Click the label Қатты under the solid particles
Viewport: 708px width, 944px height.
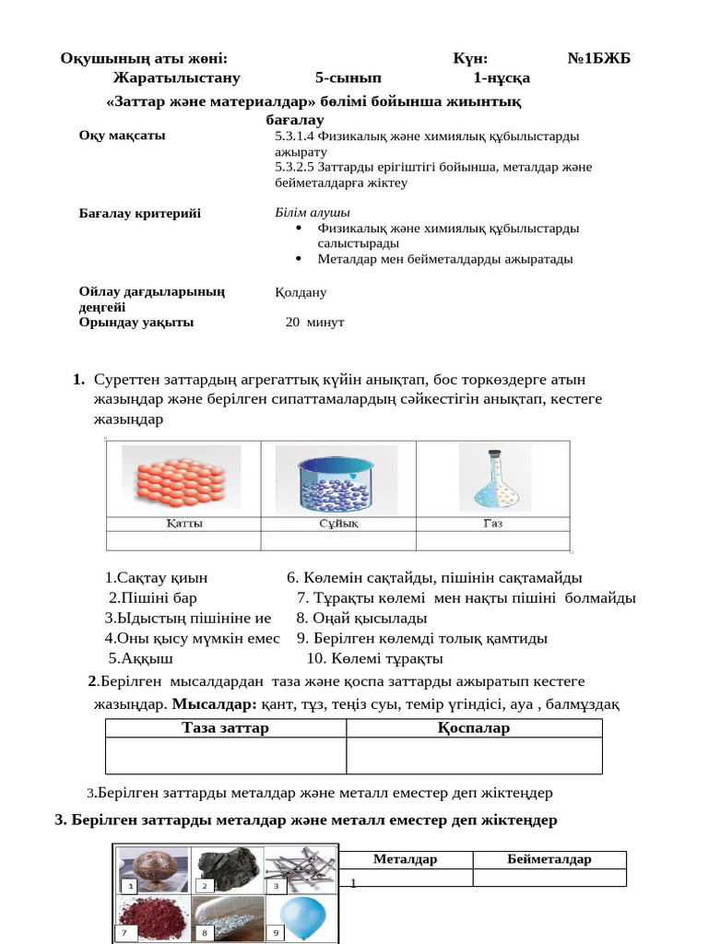click(184, 523)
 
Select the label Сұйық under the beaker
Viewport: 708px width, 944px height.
click(338, 523)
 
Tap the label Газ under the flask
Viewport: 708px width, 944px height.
click(492, 523)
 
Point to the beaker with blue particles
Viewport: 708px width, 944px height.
click(338, 479)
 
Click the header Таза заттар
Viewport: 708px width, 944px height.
click(226, 728)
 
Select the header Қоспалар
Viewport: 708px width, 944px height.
click(474, 728)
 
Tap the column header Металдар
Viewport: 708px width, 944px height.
click(405, 859)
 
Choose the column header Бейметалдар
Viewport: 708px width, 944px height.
click(549, 859)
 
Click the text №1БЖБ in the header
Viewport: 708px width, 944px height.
click(598, 58)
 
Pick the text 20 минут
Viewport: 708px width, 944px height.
click(314, 322)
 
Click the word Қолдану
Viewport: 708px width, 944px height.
click(301, 292)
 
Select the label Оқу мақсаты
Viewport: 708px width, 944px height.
click(123, 136)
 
